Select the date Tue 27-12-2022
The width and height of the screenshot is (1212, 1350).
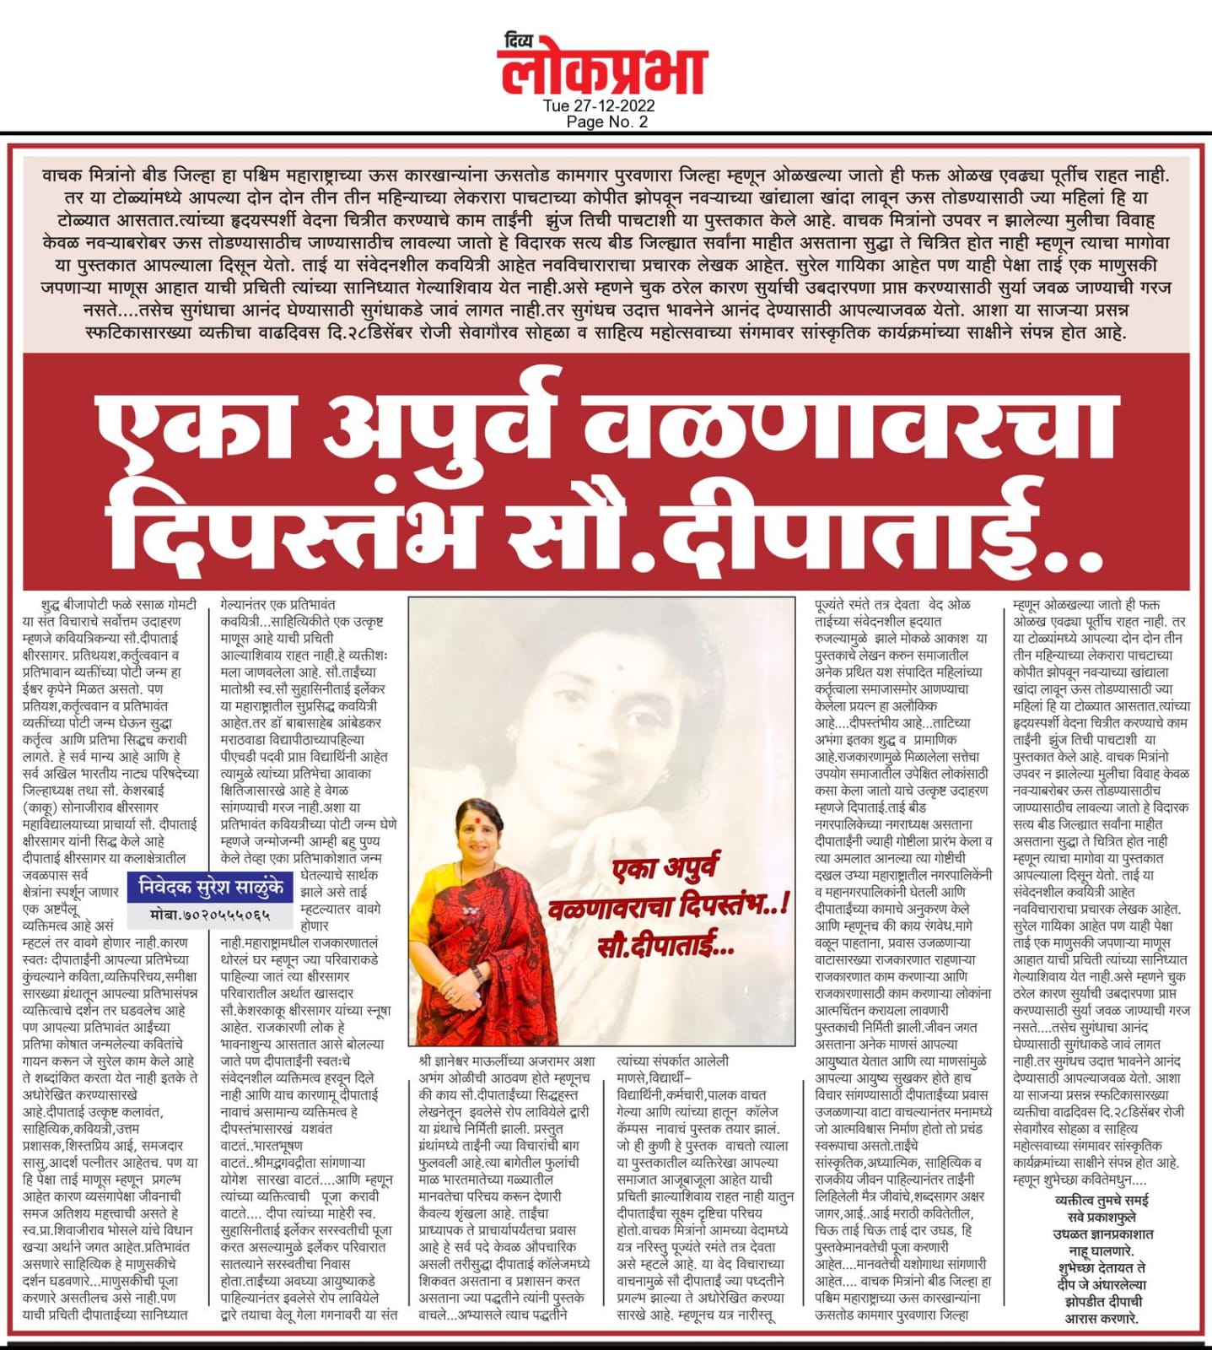pyautogui.click(x=598, y=106)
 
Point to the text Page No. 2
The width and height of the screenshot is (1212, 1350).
pyautogui.click(x=607, y=121)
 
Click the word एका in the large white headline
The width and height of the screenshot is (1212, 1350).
pyautogui.click(x=202, y=433)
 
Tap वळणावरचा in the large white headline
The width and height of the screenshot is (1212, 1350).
pyautogui.click(x=853, y=433)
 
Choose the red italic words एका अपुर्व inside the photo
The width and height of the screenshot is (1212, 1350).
pyautogui.click(x=667, y=872)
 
